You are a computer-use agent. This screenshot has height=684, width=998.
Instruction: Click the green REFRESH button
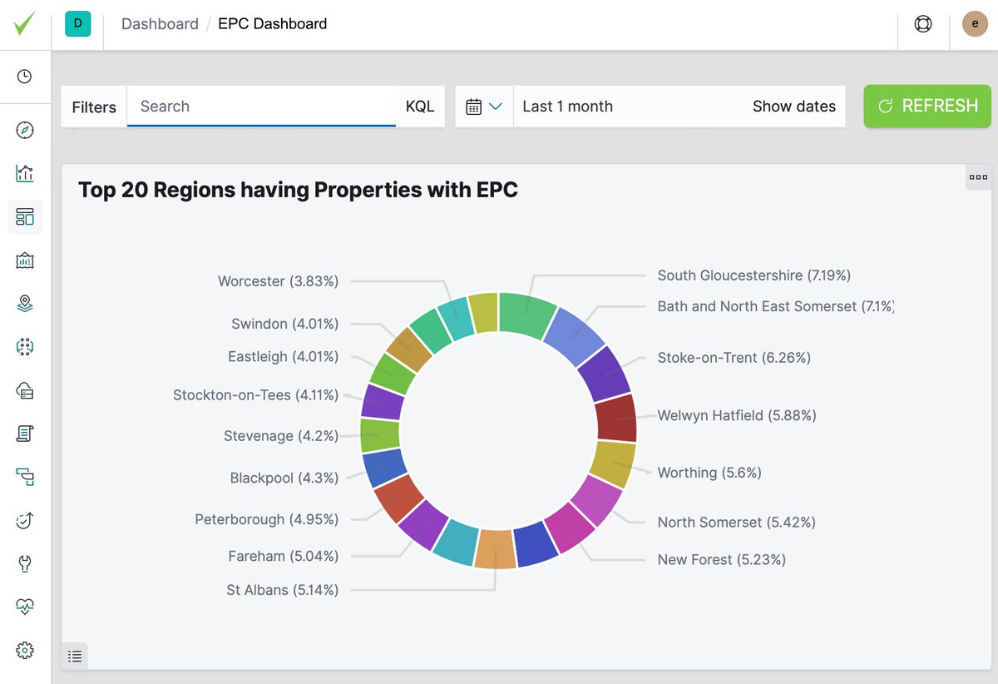[927, 106]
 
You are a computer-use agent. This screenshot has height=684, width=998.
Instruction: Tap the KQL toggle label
[420, 107]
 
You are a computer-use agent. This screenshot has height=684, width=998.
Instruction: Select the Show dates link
[793, 107]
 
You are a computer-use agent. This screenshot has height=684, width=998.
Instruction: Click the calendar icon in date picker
[474, 107]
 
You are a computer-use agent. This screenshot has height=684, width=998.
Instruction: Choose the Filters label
[94, 107]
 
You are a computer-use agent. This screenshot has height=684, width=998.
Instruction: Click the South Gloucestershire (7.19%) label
[753, 275]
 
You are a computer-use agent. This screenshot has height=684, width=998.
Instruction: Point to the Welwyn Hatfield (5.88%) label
[736, 415]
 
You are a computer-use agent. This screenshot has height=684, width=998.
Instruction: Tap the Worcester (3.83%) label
[278, 281]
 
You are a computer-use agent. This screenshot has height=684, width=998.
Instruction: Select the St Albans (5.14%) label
[282, 590]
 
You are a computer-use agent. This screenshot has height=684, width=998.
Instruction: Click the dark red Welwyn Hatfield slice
[616, 418]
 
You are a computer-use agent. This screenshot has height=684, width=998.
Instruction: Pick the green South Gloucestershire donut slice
[527, 314]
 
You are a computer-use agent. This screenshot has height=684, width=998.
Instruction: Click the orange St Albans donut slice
[496, 549]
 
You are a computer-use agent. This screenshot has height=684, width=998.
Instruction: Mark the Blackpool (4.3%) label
[284, 478]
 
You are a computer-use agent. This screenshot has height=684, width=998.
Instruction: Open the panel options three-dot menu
[978, 177]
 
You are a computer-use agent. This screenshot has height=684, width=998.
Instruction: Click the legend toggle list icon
[75, 657]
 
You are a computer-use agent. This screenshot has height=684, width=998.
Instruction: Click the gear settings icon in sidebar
[25, 650]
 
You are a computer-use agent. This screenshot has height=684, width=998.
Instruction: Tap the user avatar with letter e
[975, 24]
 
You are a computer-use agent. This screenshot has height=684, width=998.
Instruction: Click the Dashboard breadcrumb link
[160, 24]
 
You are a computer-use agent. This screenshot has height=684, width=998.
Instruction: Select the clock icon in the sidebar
[25, 77]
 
